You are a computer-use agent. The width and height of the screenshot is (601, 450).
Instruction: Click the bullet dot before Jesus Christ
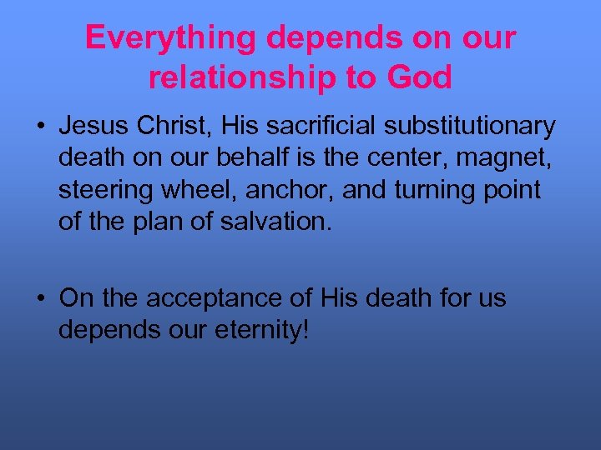(x=40, y=127)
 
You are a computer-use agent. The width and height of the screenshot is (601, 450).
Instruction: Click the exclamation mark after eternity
(x=306, y=329)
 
